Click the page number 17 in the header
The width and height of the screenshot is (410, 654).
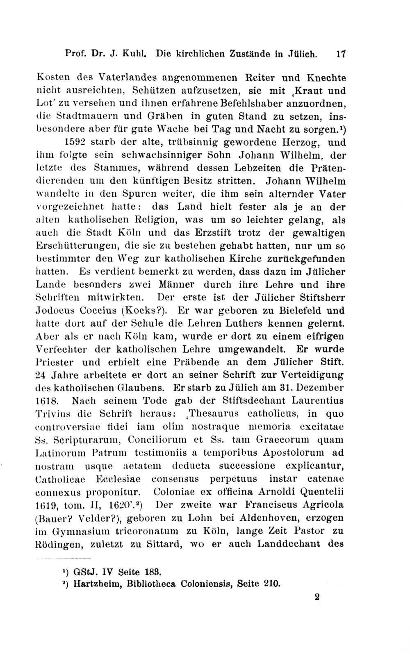[x=341, y=54]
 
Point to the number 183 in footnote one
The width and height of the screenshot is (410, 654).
[x=152, y=571]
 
